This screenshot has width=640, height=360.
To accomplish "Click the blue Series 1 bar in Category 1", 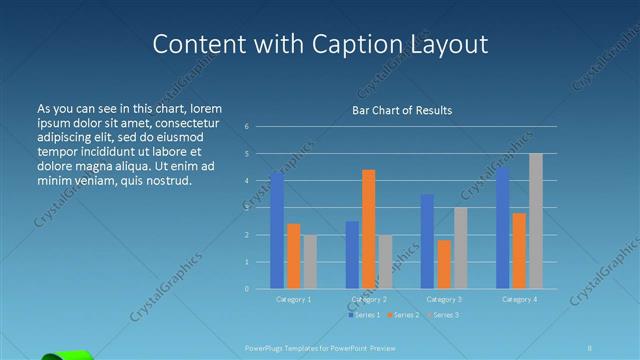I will click(x=277, y=231).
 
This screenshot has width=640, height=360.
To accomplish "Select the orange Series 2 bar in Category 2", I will click(x=368, y=229).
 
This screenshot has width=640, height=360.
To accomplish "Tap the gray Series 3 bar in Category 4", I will click(x=536, y=221).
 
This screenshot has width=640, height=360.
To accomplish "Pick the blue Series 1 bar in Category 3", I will click(x=427, y=241).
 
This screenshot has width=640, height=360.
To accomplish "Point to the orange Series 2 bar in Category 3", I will click(x=444, y=264).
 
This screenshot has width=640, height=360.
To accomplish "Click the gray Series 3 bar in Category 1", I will click(x=310, y=262).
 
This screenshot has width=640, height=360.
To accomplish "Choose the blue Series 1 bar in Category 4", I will click(x=503, y=228).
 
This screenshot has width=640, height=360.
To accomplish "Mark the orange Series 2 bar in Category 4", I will click(x=519, y=250).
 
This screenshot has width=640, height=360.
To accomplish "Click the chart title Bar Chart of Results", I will click(x=402, y=110).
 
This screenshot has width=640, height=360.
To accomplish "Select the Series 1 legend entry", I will click(x=363, y=315).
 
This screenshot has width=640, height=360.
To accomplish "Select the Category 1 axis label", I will click(x=293, y=299).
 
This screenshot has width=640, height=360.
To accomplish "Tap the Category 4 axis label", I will click(x=519, y=299).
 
